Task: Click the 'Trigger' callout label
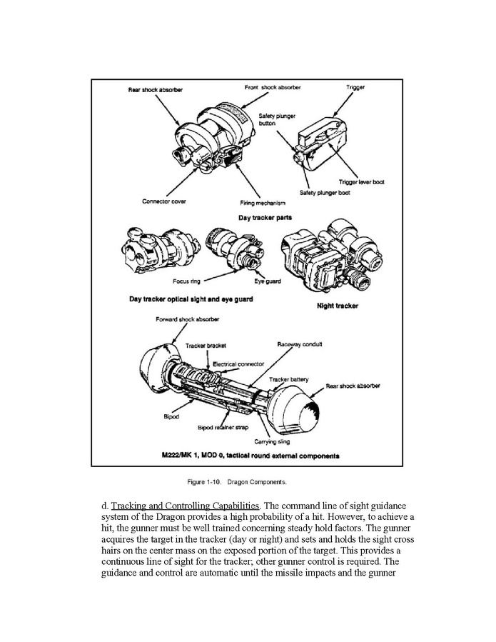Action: [x=355, y=88]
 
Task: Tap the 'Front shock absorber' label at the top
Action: [x=273, y=88]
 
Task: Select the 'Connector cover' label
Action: [x=164, y=201]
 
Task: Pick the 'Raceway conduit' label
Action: [x=299, y=344]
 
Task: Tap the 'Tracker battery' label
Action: [x=288, y=379]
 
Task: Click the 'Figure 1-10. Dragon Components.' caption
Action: [x=247, y=481]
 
